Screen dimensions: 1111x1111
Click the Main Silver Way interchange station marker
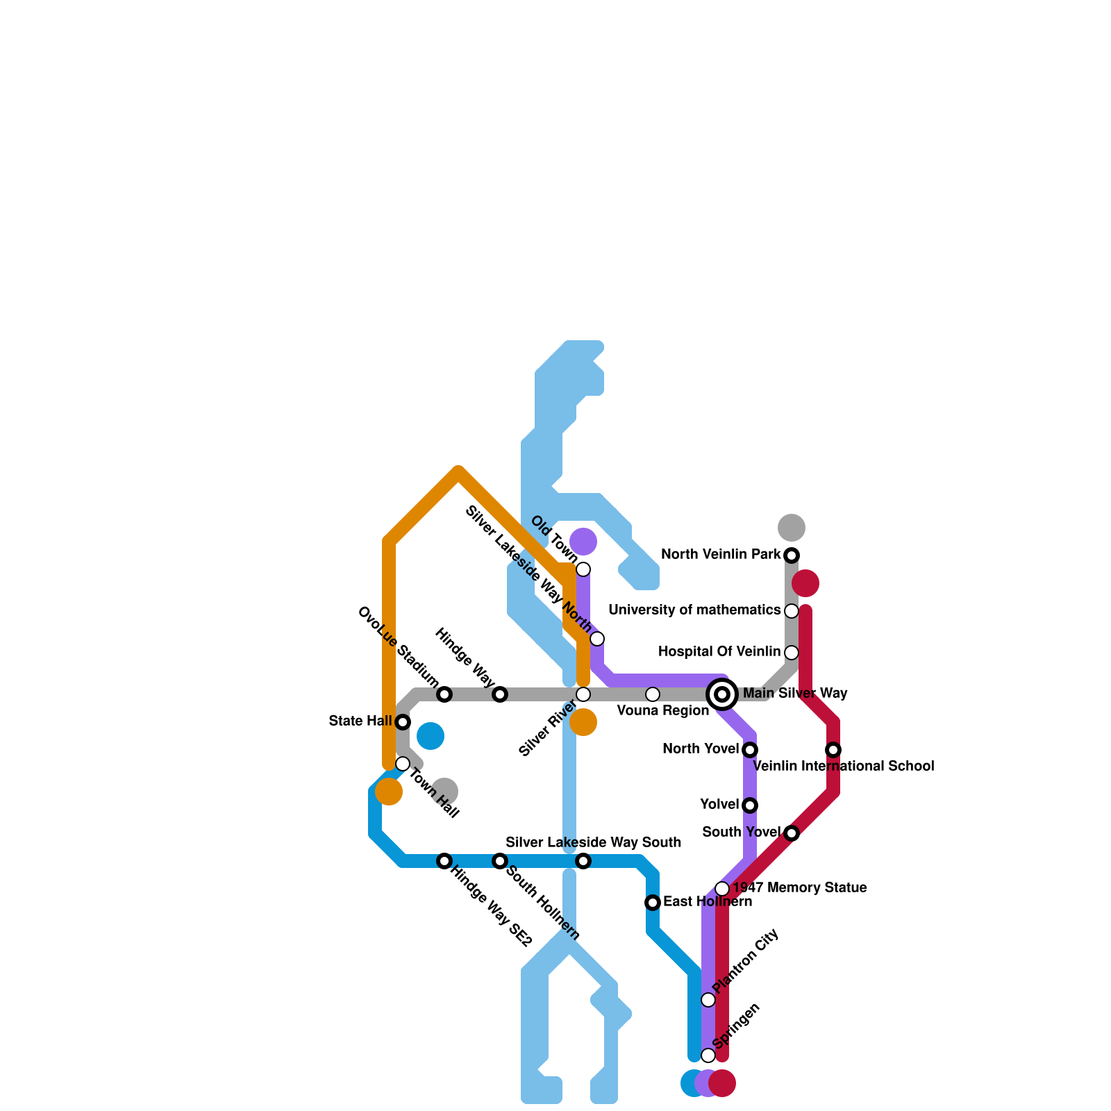(722, 694)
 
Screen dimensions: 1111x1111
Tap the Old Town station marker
(583, 569)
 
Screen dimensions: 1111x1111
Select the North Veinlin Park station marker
(792, 555)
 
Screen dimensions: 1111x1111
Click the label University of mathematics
(694, 610)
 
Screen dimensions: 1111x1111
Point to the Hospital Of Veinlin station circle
(792, 653)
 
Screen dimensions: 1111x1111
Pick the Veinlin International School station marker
(833, 750)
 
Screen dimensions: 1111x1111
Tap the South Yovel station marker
(792, 833)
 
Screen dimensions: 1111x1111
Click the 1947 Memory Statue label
(800, 888)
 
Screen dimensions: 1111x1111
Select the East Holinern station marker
(653, 903)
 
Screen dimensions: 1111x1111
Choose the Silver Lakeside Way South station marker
(583, 861)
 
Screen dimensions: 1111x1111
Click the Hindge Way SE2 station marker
(444, 861)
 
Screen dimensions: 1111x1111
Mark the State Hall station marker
(403, 722)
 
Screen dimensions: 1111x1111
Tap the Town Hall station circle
(403, 764)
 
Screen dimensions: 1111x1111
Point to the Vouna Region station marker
(653, 694)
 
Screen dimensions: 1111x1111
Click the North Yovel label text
(701, 749)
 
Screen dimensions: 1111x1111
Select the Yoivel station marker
(750, 805)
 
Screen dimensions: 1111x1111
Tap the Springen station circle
(708, 1055)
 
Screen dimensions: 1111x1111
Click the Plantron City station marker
(708, 1000)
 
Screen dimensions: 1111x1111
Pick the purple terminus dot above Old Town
(583, 542)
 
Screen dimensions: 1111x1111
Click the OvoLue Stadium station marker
(444, 694)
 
